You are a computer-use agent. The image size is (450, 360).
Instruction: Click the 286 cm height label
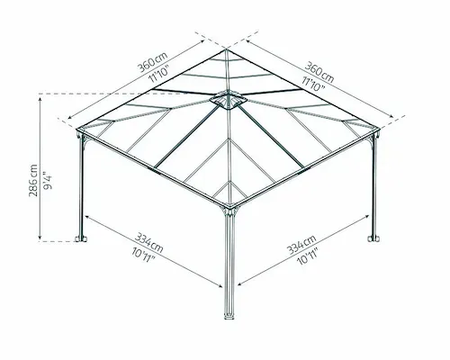click(x=33, y=180)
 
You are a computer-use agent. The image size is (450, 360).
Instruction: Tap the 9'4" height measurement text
click(x=48, y=181)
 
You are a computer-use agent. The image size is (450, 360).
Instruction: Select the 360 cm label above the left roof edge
click(x=152, y=62)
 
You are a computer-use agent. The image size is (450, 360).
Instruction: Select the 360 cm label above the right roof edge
click(x=319, y=72)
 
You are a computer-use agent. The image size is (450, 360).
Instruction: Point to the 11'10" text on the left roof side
click(x=159, y=74)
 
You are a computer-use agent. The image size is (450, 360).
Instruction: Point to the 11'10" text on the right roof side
click(x=313, y=84)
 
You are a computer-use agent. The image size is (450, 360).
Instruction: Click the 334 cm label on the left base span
click(x=149, y=243)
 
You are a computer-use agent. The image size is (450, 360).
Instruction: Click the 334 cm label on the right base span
click(x=301, y=245)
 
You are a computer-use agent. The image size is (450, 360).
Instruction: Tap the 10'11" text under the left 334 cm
click(x=143, y=256)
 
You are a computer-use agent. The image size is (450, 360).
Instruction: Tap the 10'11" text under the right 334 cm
click(x=307, y=256)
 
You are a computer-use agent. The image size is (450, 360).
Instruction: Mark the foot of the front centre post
click(x=229, y=316)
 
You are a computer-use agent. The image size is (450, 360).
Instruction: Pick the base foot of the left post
click(x=81, y=238)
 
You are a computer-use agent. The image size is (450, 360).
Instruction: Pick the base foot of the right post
click(x=373, y=238)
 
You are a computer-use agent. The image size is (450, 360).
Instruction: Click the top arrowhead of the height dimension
click(x=40, y=97)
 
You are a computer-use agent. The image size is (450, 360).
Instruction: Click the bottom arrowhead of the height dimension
click(x=40, y=239)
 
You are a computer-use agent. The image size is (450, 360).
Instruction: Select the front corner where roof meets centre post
click(x=229, y=207)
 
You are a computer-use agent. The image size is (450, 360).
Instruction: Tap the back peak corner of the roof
click(x=226, y=49)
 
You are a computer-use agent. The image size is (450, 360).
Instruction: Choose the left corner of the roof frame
click(x=76, y=130)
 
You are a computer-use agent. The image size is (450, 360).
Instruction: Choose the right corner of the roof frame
click(x=380, y=130)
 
